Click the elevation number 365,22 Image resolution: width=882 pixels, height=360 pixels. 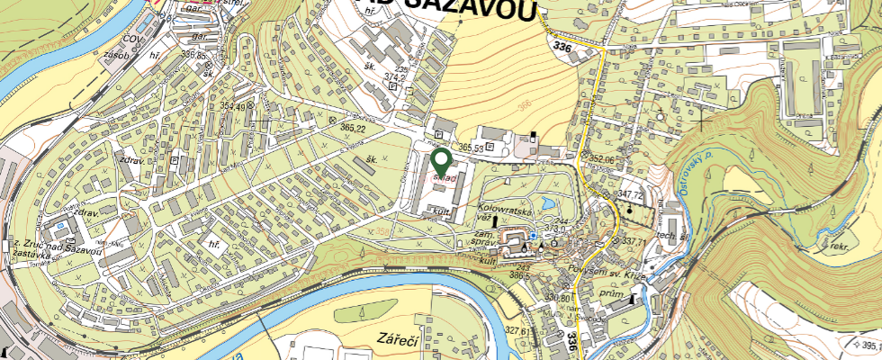(353, 129)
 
